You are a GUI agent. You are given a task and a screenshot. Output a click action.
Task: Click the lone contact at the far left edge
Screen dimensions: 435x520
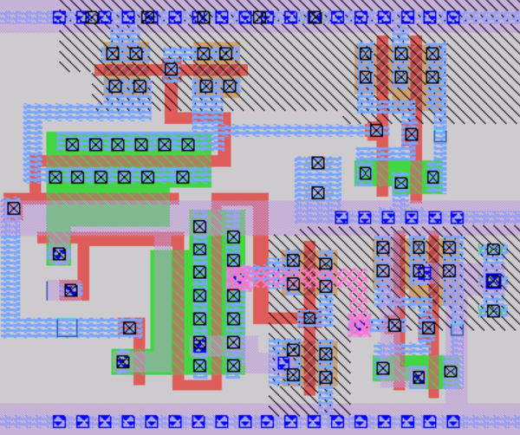[x=13, y=208]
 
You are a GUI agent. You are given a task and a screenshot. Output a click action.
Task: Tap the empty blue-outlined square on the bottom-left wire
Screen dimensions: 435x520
[x=67, y=327]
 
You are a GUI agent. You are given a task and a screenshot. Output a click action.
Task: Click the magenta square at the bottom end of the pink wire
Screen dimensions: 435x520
[x=359, y=327]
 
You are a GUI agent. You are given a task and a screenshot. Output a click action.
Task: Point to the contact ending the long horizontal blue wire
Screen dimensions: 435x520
[x=376, y=130]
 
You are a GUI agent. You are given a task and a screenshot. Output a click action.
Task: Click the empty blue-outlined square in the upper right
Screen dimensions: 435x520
[x=440, y=134]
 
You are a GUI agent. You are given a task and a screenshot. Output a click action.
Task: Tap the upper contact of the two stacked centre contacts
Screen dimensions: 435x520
[x=317, y=163]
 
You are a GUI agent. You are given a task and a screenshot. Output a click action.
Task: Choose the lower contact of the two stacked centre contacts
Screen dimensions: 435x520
[x=317, y=192]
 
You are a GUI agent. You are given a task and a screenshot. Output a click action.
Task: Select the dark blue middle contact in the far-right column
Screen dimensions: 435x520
[x=493, y=281]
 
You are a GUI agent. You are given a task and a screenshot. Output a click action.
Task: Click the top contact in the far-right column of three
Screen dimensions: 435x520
[x=493, y=250]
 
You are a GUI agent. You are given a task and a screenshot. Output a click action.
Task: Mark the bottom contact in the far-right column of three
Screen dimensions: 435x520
[x=493, y=310]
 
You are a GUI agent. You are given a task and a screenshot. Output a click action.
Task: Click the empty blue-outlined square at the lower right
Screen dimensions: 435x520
[x=457, y=328]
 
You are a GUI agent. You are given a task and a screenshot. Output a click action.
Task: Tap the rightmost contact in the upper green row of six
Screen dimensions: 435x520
[x=188, y=145]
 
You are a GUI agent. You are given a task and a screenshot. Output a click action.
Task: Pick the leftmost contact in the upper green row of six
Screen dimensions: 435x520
[x=73, y=145]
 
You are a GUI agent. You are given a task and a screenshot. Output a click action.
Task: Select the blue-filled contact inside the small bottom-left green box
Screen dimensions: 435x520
[x=123, y=361]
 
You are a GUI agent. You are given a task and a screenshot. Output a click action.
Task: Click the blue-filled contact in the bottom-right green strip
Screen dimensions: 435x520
[x=419, y=377]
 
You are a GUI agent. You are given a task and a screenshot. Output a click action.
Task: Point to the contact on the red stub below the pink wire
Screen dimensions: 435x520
[x=309, y=318]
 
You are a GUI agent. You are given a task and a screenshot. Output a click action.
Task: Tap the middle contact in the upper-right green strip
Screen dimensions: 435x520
[x=400, y=182]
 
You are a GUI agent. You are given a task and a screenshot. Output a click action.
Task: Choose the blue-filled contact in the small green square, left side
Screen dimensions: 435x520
[x=59, y=254]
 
